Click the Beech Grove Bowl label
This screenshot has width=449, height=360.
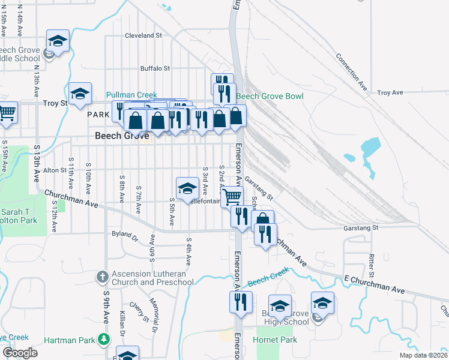click(x=270, y=96)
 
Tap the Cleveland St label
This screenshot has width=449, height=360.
click(x=143, y=35)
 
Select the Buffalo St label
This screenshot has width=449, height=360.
click(x=155, y=69)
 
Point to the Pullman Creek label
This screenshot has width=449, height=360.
click(x=131, y=95)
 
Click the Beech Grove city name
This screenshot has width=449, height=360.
click(x=122, y=136)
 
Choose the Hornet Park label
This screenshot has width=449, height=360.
click(x=279, y=340)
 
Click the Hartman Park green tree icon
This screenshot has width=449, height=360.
click(x=104, y=340)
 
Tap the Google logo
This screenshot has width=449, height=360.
click(x=20, y=353)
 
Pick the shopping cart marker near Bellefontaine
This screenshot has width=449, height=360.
click(x=232, y=196)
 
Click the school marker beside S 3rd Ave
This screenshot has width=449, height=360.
click(x=187, y=188)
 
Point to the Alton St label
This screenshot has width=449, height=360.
click(x=54, y=170)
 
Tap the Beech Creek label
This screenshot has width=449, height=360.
click(x=268, y=278)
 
